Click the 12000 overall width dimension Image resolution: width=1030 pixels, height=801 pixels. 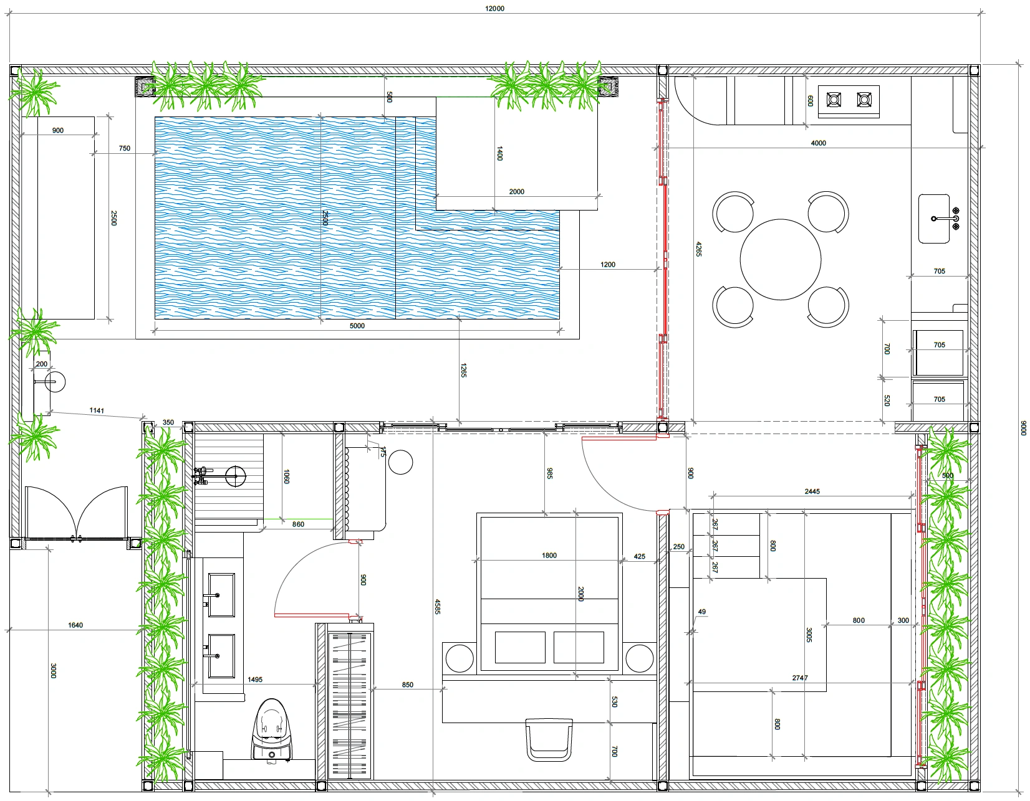click(494, 9)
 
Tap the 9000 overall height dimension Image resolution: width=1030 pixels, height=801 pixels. click(1023, 428)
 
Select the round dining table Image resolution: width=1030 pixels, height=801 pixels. click(780, 260)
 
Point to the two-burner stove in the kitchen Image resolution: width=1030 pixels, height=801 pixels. click(849, 102)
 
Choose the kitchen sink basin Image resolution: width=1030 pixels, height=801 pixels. click(934, 219)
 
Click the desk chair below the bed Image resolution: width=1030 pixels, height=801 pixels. click(549, 739)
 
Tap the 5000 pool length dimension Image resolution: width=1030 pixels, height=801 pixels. click(357, 326)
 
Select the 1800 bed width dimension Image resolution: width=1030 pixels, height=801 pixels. click(549, 556)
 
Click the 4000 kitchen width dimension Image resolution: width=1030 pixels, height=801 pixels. click(818, 143)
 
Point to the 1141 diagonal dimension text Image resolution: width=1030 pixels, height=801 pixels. click(97, 410)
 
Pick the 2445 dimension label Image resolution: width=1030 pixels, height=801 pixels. click(812, 491)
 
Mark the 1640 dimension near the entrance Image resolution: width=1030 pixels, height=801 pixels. click(75, 625)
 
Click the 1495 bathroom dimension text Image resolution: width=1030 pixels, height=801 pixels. click(254, 680)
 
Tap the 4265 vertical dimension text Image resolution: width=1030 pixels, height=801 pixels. click(698, 249)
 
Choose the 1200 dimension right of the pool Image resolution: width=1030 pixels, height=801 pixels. click(608, 265)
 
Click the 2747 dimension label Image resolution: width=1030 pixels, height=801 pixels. click(800, 678)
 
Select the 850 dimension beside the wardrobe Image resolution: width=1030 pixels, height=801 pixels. click(408, 685)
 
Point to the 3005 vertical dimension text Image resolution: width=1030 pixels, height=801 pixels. click(809, 635)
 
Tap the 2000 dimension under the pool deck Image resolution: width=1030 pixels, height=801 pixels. click(517, 192)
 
